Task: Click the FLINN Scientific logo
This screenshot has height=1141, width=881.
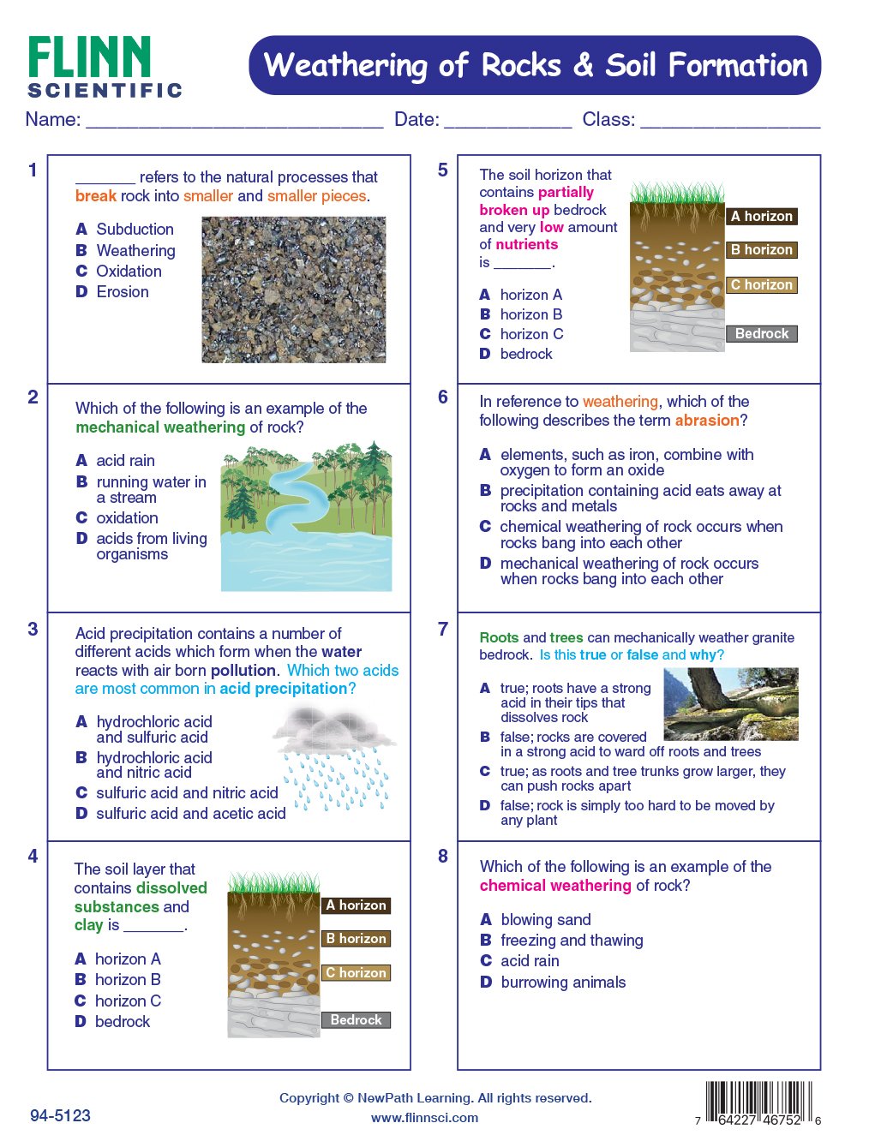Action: coord(105,67)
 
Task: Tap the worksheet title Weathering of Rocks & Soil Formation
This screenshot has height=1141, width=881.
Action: coord(535,65)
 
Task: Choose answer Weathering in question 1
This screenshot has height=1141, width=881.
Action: coord(135,250)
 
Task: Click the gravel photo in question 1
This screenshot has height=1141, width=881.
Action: coord(293,290)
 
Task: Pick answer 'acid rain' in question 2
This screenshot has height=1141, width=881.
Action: coord(125,461)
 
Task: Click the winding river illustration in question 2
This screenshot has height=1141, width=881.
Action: coord(306,517)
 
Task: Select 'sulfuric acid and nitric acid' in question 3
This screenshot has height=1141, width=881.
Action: coord(187,793)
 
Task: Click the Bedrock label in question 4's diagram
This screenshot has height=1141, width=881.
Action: coord(356,1019)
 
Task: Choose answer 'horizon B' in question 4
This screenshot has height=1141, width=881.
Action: coord(128,979)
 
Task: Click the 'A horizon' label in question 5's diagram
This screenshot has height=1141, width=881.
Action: coord(761,217)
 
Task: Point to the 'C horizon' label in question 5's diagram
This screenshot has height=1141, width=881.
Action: coord(761,284)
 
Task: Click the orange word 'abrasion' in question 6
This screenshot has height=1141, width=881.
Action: coord(706,421)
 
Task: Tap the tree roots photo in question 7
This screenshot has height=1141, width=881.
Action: coord(731,704)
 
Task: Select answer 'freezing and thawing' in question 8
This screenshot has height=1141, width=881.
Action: coord(572,941)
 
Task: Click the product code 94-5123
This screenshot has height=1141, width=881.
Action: coord(60,1115)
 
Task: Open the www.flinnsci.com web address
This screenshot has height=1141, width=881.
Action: coord(425,1117)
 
